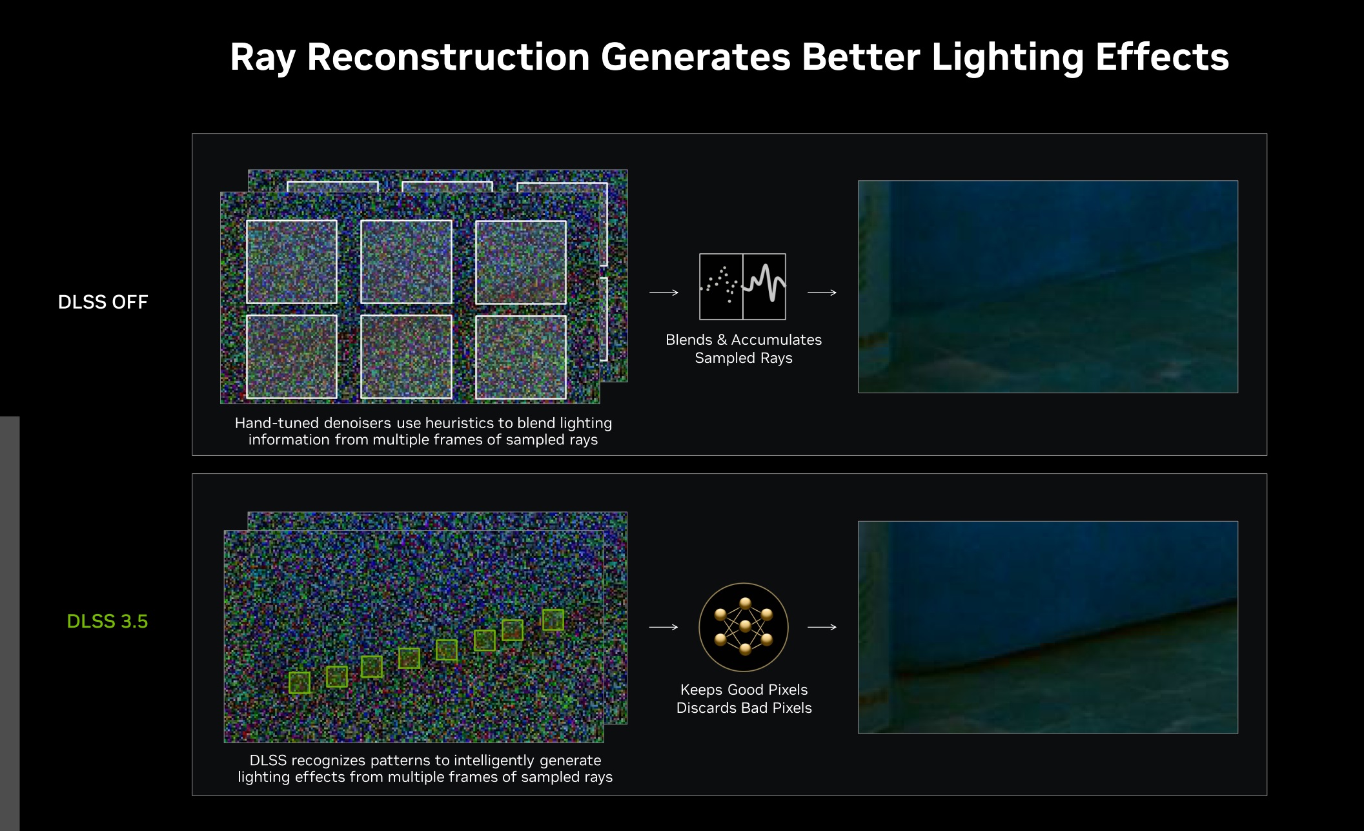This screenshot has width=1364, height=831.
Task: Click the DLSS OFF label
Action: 103,302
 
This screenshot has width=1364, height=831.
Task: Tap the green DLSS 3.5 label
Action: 108,621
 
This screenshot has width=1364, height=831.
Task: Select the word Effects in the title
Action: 1162,57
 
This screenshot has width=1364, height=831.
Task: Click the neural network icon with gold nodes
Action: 744,627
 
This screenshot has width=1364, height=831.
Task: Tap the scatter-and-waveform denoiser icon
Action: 743,287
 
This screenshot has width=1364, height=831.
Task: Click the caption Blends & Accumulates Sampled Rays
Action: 744,349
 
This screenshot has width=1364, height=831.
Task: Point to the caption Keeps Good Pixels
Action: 744,690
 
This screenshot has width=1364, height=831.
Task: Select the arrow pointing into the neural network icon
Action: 664,627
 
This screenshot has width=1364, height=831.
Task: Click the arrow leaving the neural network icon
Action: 822,627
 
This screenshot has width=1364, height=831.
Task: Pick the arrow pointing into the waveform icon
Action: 664,292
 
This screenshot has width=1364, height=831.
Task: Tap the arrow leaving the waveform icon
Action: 822,292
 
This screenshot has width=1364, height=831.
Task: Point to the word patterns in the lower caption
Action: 400,761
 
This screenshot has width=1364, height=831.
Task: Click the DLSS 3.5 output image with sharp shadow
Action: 1048,627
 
